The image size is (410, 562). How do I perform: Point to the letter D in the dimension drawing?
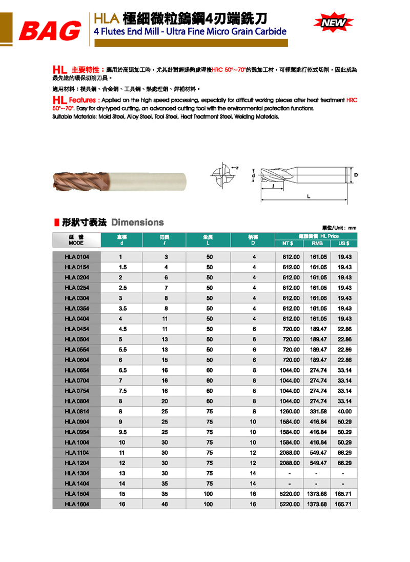pyautogui.click(x=356, y=175)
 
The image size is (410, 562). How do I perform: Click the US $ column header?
pyautogui.click(x=343, y=243)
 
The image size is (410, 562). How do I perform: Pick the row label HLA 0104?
pyautogui.click(x=76, y=256)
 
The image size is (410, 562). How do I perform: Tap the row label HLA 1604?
pyautogui.click(x=76, y=504)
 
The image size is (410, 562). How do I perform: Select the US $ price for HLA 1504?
pyautogui.click(x=343, y=494)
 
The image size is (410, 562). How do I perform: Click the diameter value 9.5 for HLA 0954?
pyautogui.click(x=122, y=432)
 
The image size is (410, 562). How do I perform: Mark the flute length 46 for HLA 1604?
pyautogui.click(x=165, y=504)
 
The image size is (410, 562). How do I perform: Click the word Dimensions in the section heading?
pyautogui.click(x=137, y=223)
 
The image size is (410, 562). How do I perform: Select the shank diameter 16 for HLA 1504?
pyautogui.click(x=253, y=494)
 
